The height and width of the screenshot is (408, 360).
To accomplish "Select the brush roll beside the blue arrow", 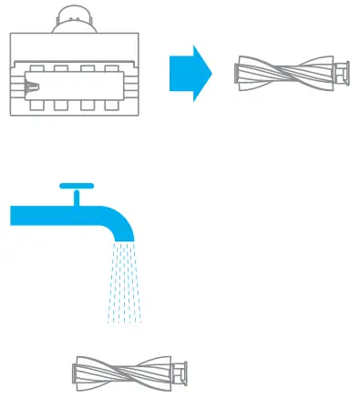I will tap(292, 72).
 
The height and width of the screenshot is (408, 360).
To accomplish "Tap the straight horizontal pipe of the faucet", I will tap(46, 215).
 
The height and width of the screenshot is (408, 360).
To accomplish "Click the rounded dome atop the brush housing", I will tap(77, 18).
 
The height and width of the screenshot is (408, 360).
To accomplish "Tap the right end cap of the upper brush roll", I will tap(343, 72).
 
